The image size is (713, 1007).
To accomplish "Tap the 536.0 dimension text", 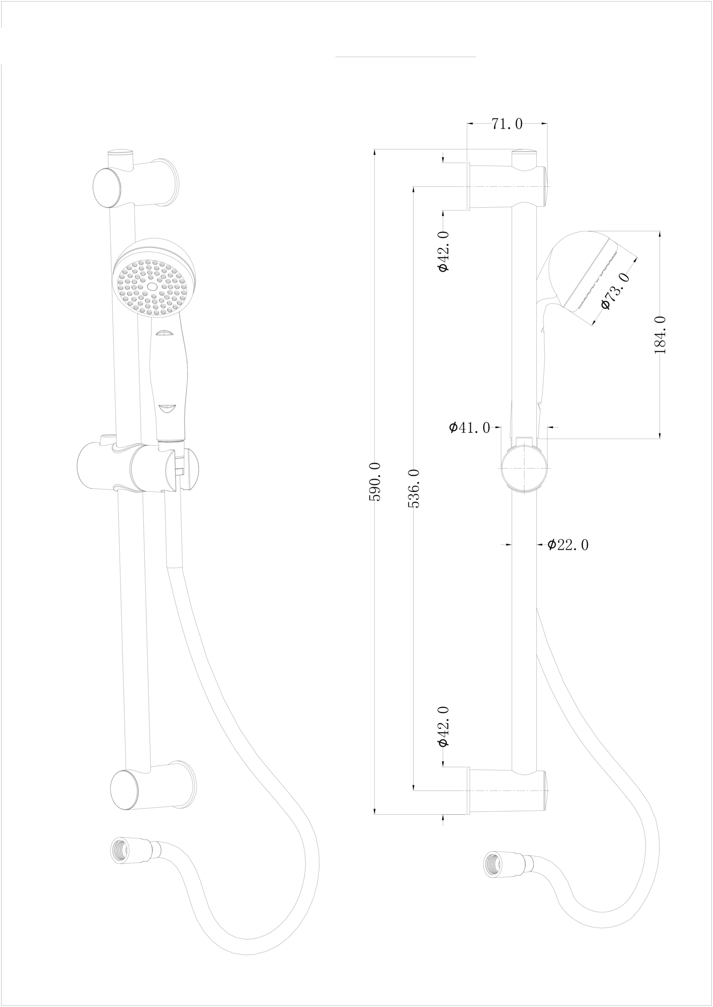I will [414, 489].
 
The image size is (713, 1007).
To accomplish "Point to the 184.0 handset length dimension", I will [660, 335].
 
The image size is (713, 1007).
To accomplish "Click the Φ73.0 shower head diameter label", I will [617, 290].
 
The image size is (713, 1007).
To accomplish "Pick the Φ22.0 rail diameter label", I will [568, 545].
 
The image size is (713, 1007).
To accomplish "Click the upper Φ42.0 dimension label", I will [443, 251].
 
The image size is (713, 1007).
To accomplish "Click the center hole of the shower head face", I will [152, 286].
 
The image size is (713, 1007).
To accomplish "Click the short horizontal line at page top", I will [405, 57].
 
